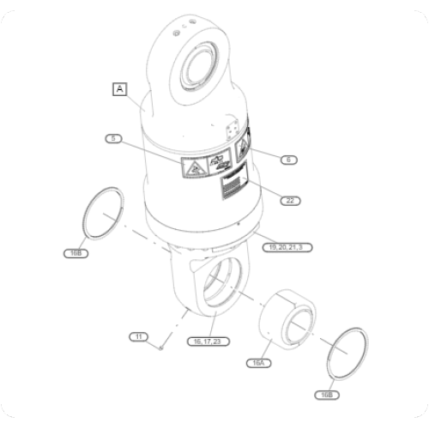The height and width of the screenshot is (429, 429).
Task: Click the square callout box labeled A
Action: click(119, 88)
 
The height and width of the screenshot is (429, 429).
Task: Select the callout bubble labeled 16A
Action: click(257, 363)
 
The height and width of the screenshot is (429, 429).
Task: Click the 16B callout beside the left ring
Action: click(75, 253)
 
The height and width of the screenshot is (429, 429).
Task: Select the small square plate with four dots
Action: click(230, 130)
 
